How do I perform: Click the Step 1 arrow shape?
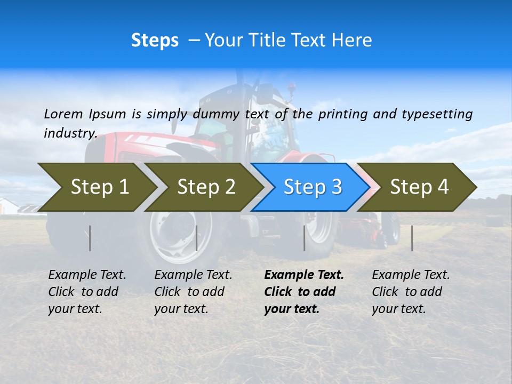(x=99, y=187)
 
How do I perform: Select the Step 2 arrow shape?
(x=205, y=187)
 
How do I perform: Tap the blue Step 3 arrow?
(x=312, y=187)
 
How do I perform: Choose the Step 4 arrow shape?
(x=419, y=187)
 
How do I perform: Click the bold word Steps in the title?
(x=155, y=41)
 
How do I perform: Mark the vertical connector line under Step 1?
(x=90, y=238)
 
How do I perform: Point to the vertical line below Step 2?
(x=197, y=238)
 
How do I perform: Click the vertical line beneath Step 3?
(x=304, y=238)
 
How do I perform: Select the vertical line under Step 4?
(x=412, y=238)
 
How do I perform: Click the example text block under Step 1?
(x=87, y=292)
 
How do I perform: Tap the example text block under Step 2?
(x=193, y=292)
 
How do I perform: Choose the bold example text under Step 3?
(x=303, y=292)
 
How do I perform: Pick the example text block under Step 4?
(x=411, y=292)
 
